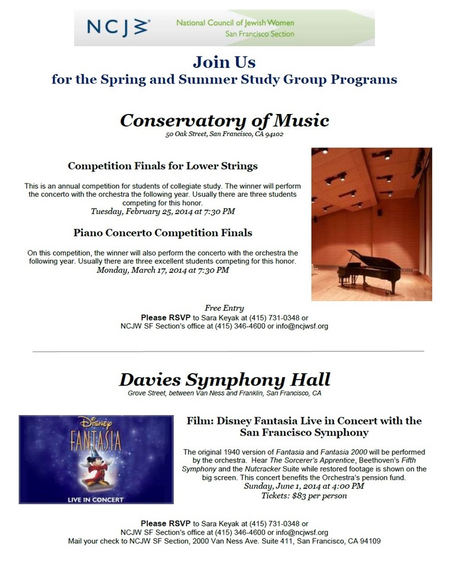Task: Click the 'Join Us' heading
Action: click(224, 62)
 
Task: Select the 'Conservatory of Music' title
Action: click(224, 121)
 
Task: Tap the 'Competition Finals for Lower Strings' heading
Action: click(163, 166)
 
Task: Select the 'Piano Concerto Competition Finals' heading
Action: click(163, 232)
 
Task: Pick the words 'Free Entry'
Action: click(224, 308)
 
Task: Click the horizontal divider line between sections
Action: click(228, 351)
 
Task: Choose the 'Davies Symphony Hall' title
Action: click(224, 380)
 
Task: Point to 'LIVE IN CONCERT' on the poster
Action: click(96, 499)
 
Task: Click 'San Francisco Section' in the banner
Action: click(259, 34)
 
